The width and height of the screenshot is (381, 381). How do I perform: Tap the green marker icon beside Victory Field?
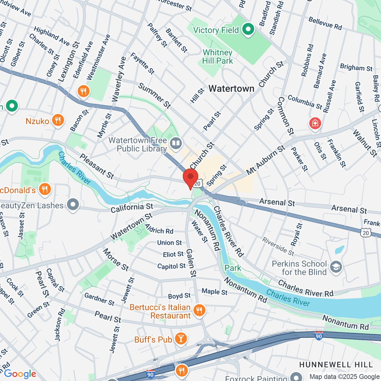point(248,30)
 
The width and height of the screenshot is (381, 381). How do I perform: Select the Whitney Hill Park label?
point(217,57)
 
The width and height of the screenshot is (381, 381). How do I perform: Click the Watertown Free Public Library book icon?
point(175,143)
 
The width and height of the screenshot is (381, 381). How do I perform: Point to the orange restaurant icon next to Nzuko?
point(58,120)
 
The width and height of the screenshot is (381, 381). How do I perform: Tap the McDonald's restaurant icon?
point(44,189)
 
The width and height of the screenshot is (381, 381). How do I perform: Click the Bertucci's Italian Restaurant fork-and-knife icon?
point(199,310)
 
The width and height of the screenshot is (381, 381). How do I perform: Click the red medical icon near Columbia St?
point(315,123)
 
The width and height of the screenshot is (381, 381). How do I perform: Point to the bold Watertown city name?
point(231,89)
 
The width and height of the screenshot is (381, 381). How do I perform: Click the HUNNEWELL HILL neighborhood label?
point(336,364)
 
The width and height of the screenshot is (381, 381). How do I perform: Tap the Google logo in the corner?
point(20,374)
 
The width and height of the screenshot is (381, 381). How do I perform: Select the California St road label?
point(132,208)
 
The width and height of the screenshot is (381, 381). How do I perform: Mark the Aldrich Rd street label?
point(159,229)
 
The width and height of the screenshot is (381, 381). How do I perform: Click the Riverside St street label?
point(278,246)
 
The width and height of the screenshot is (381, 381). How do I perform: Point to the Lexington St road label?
point(69,62)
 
